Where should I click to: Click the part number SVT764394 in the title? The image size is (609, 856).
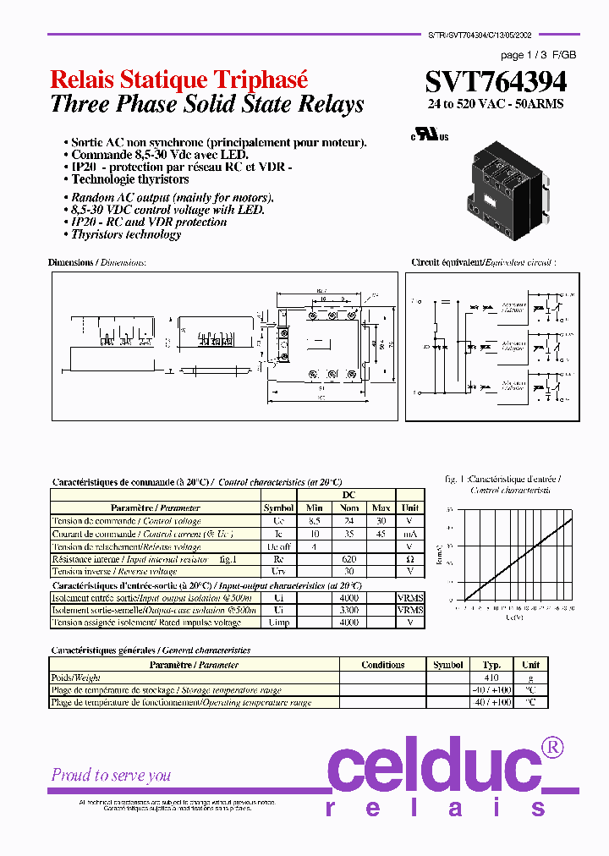pos(496,82)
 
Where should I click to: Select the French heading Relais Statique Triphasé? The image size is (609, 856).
pos(179,80)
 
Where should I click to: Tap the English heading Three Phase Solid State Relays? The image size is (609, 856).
pos(207,104)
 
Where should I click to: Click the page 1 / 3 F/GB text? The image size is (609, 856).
pos(537,55)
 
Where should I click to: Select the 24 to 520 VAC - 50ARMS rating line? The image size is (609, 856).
pos(495,104)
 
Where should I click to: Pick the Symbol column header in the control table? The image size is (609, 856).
pos(278,508)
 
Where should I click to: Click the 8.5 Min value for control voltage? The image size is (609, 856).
pos(313,521)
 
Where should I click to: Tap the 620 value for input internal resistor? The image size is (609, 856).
pos(349,559)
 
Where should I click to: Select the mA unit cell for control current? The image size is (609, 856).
pos(409,534)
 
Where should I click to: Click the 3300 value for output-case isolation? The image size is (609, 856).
pos(349,609)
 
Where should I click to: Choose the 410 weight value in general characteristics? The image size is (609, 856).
pos(491,678)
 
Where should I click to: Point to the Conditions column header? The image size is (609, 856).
pos(382,665)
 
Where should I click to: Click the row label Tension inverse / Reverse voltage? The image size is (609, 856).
pos(115,572)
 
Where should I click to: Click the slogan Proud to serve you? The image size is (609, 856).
pos(111,775)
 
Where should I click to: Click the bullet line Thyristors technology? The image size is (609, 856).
pos(126,234)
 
